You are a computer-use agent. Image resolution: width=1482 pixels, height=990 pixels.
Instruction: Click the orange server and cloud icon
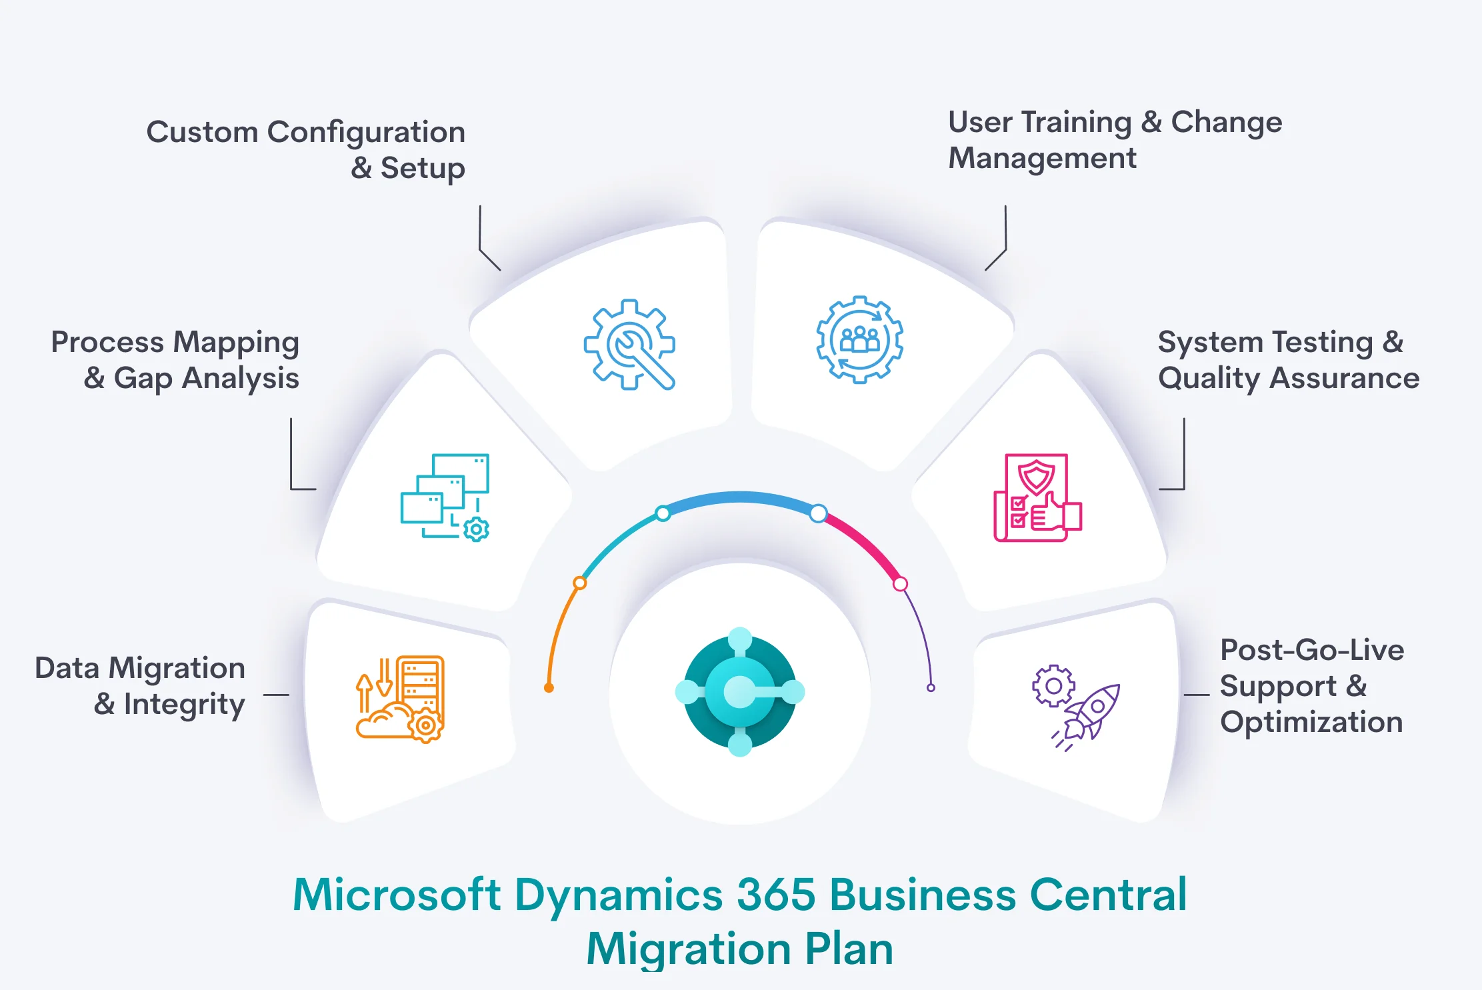[x=400, y=699]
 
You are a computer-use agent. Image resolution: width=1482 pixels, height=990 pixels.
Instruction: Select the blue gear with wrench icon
[x=629, y=345]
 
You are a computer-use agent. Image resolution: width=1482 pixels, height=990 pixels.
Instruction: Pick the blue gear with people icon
[x=859, y=339]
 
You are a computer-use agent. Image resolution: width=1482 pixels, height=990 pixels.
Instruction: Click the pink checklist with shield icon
[x=1037, y=497]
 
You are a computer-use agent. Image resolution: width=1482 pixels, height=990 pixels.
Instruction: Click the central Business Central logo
[x=740, y=692]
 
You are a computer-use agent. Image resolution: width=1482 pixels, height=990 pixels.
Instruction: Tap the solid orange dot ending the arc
[x=549, y=688]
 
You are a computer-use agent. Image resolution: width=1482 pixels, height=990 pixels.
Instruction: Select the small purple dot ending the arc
[x=931, y=688]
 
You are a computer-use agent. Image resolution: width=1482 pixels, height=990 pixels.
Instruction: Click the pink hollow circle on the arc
[x=900, y=584]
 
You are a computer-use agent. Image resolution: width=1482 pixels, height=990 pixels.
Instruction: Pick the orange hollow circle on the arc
[x=580, y=583]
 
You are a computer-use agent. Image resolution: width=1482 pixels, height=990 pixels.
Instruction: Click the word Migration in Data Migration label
[x=177, y=668]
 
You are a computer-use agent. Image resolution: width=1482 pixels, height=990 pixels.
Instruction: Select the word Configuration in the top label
[x=366, y=132]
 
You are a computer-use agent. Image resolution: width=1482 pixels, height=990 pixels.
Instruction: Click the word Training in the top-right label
[x=1077, y=123]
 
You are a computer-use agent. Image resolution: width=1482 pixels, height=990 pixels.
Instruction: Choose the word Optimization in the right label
[x=1311, y=722]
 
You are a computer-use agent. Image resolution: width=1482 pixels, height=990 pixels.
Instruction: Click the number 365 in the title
[x=776, y=894]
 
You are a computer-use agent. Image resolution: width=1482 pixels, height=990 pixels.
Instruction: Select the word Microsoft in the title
[x=397, y=894]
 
